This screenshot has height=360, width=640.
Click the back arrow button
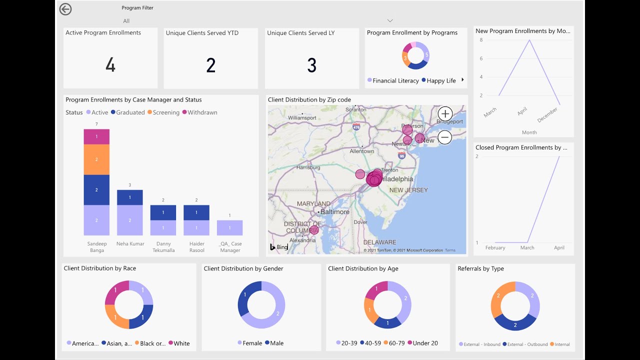point(65,9)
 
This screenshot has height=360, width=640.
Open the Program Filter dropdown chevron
point(390,20)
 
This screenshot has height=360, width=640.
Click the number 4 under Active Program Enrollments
point(110,65)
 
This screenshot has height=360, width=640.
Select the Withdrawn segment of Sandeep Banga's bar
point(96,136)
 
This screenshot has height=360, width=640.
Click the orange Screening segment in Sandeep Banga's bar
point(96,159)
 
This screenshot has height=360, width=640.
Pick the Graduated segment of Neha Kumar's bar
point(129,197)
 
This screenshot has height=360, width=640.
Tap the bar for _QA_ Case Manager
point(229,227)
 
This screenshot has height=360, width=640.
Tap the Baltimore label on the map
point(334,211)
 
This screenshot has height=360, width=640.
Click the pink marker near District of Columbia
point(314,230)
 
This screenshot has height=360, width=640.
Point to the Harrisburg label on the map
point(308,167)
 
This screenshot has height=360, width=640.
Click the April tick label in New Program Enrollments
point(522,111)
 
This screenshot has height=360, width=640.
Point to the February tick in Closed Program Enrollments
point(495,247)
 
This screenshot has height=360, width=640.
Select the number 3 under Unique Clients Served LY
point(311,65)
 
